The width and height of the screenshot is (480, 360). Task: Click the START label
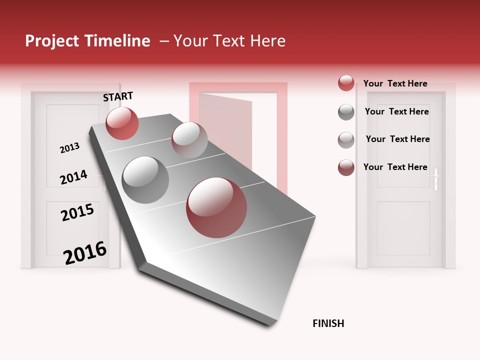pyautogui.click(x=118, y=96)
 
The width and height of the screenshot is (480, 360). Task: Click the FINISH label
pyautogui.click(x=328, y=323)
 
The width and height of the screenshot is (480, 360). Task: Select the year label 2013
pyautogui.click(x=69, y=148)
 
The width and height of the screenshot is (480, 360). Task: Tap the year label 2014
pyautogui.click(x=73, y=177)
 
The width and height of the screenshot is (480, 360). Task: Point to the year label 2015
pyautogui.click(x=77, y=212)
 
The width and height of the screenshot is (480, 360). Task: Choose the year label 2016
pyautogui.click(x=85, y=252)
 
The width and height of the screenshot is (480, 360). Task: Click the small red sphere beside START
pyautogui.click(x=122, y=123)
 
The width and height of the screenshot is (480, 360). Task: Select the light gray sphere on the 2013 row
pyautogui.click(x=189, y=140)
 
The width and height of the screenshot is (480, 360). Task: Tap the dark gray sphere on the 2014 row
pyautogui.click(x=145, y=179)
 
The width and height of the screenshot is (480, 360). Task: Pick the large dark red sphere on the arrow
pyautogui.click(x=216, y=207)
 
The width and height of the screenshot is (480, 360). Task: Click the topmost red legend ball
pyautogui.click(x=346, y=83)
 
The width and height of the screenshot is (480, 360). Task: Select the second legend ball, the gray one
pyautogui.click(x=346, y=112)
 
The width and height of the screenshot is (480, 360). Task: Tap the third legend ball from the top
pyautogui.click(x=346, y=140)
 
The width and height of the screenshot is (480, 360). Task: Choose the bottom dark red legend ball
pyautogui.click(x=346, y=167)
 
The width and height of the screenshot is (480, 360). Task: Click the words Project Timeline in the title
pyautogui.click(x=87, y=41)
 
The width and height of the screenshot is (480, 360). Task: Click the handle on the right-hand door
pyautogui.click(x=436, y=179)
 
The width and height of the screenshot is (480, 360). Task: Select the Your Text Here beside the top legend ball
pyautogui.click(x=395, y=83)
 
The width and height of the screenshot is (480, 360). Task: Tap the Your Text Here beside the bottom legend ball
pyautogui.click(x=395, y=167)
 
